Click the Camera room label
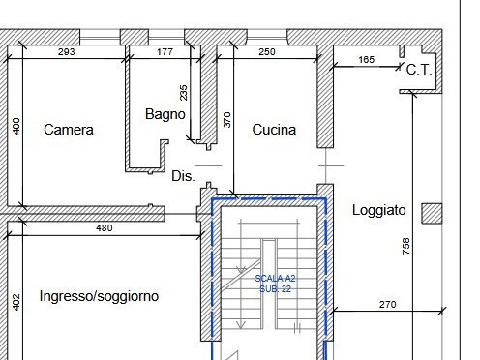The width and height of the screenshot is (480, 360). coord(69,130)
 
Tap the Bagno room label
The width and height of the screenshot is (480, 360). coord(165,114)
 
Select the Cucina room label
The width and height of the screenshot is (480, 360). coord(274,130)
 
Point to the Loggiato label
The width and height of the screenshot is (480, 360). coord(379,210)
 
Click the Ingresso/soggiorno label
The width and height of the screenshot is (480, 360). coord(100,296)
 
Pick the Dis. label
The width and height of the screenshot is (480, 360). coord(183,177)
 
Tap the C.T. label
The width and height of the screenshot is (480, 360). coord(418,70)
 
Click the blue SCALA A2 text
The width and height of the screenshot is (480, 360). coord(274,279)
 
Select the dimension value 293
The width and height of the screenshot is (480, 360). coord(67,51)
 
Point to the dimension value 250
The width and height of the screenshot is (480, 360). coord(268,51)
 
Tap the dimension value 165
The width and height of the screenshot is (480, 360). coord(366,60)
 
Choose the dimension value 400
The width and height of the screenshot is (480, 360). coord(15,127)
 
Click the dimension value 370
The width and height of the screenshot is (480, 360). coord(227,120)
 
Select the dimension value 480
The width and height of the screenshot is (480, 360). coord(105,228)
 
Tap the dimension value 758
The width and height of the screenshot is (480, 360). coord(405,250)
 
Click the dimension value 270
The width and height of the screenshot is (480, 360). coord(387,305)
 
